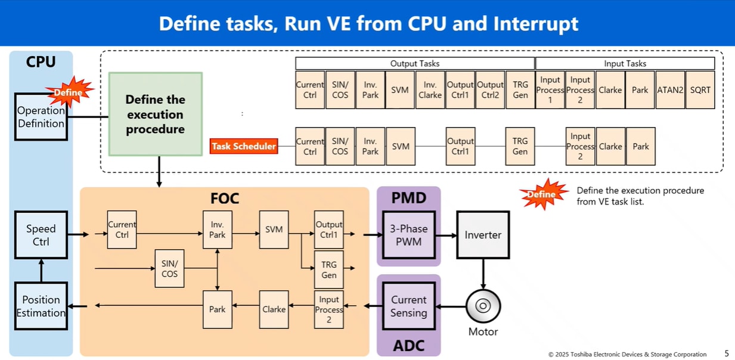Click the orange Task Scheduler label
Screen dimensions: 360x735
point(244,146)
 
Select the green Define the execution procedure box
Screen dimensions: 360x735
point(155,114)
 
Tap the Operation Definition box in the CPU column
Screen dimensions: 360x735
point(41,117)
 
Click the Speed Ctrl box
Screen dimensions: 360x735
point(41,235)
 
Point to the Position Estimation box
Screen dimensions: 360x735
point(41,306)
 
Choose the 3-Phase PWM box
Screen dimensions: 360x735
point(409,235)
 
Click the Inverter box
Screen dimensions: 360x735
point(483,235)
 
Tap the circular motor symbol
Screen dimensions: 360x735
point(483,306)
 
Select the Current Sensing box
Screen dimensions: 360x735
point(409,306)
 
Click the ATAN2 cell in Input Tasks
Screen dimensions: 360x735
point(670,90)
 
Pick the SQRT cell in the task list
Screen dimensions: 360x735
point(700,90)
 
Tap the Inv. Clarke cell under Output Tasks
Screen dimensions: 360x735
point(430,90)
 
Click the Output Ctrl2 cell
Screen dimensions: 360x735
point(490,90)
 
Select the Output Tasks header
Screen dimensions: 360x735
point(415,63)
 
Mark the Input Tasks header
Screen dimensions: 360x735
point(625,63)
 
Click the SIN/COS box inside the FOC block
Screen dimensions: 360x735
point(169,268)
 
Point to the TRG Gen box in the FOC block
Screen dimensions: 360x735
point(329,269)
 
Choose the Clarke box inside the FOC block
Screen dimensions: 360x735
point(274,309)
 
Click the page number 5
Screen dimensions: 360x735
point(726,353)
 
